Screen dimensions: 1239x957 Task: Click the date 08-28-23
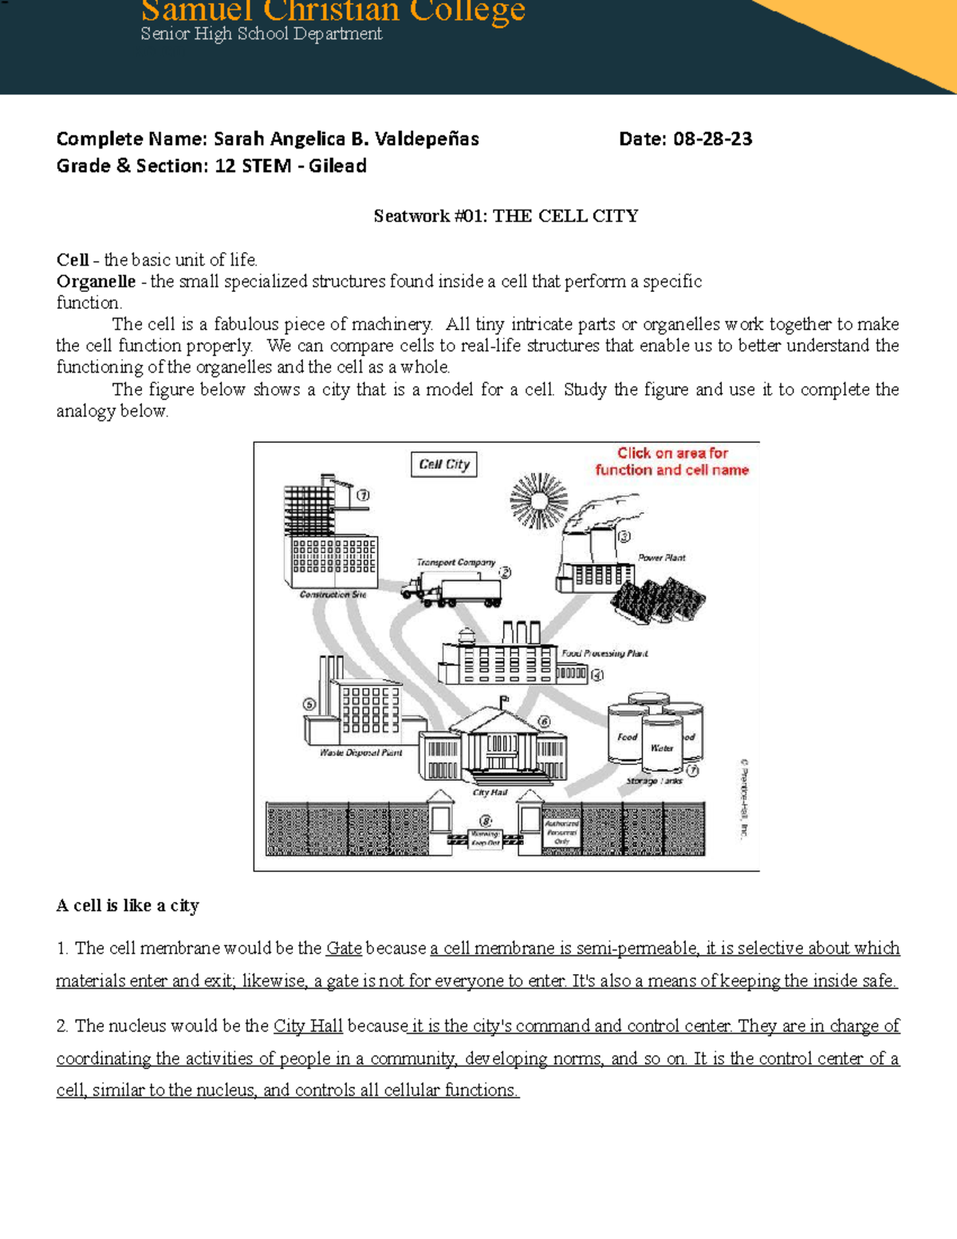712,139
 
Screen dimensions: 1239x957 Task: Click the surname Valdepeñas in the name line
427,140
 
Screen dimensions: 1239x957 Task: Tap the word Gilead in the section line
337,166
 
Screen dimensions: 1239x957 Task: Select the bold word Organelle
96,282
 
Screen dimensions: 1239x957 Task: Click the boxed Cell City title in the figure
444,464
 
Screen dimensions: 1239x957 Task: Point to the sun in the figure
539,501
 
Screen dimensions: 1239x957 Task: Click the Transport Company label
455,562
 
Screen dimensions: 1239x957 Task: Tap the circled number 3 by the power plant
624,537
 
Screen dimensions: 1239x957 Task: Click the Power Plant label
661,558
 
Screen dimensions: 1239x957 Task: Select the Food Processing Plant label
605,653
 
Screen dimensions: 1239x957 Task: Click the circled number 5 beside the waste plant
309,704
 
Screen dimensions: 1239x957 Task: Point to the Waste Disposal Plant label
360,752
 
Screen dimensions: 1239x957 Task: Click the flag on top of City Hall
504,700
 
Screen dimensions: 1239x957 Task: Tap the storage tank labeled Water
662,746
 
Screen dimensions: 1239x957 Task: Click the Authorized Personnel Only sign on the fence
561,832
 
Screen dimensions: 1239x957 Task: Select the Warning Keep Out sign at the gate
485,838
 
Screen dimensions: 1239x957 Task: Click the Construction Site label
333,594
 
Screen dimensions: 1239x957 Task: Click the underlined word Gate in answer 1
344,949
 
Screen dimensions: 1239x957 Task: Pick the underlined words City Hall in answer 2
308,1026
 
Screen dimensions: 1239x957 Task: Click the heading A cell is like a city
128,906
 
